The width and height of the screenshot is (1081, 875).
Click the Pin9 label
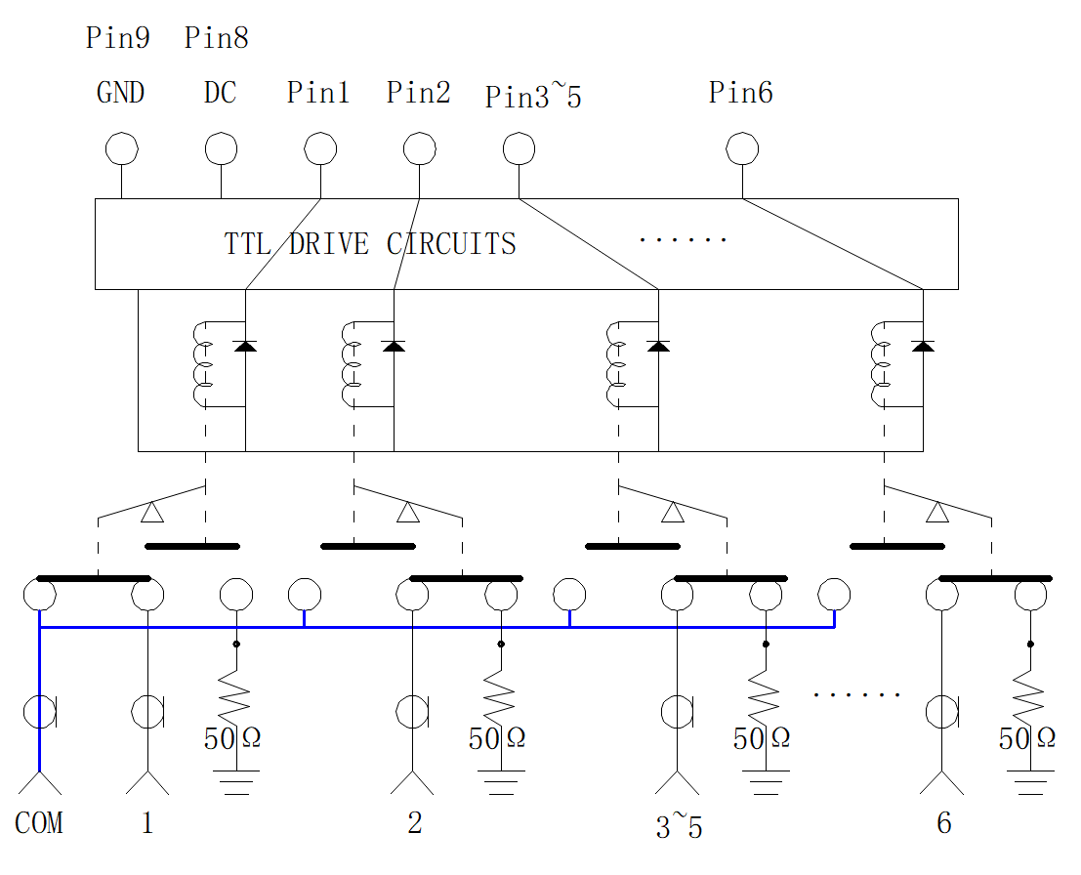click(x=118, y=38)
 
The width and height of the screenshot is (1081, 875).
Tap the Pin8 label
click(x=217, y=38)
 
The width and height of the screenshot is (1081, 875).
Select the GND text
click(x=121, y=93)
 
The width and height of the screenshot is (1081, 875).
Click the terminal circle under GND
click(x=122, y=149)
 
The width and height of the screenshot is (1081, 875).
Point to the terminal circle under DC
click(x=222, y=149)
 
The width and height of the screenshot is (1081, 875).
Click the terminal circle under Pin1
click(x=320, y=149)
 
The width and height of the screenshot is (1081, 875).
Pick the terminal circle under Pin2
click(x=420, y=149)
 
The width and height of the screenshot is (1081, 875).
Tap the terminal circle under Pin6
click(x=742, y=149)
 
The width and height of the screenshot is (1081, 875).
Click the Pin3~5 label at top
click(x=533, y=95)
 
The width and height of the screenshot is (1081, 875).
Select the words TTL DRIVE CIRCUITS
click(x=370, y=244)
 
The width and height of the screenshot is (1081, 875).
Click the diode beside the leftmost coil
click(x=245, y=346)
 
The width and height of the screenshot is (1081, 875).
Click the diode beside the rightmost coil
click(x=923, y=346)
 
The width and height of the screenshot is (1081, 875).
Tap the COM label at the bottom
click(x=39, y=823)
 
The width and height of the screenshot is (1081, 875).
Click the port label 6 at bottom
click(x=944, y=823)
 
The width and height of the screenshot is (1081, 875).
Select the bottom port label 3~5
click(x=679, y=826)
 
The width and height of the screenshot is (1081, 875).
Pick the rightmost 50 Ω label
click(x=1027, y=738)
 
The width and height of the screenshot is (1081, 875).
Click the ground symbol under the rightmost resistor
click(x=1030, y=782)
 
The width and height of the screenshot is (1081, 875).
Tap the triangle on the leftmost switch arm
click(x=152, y=513)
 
